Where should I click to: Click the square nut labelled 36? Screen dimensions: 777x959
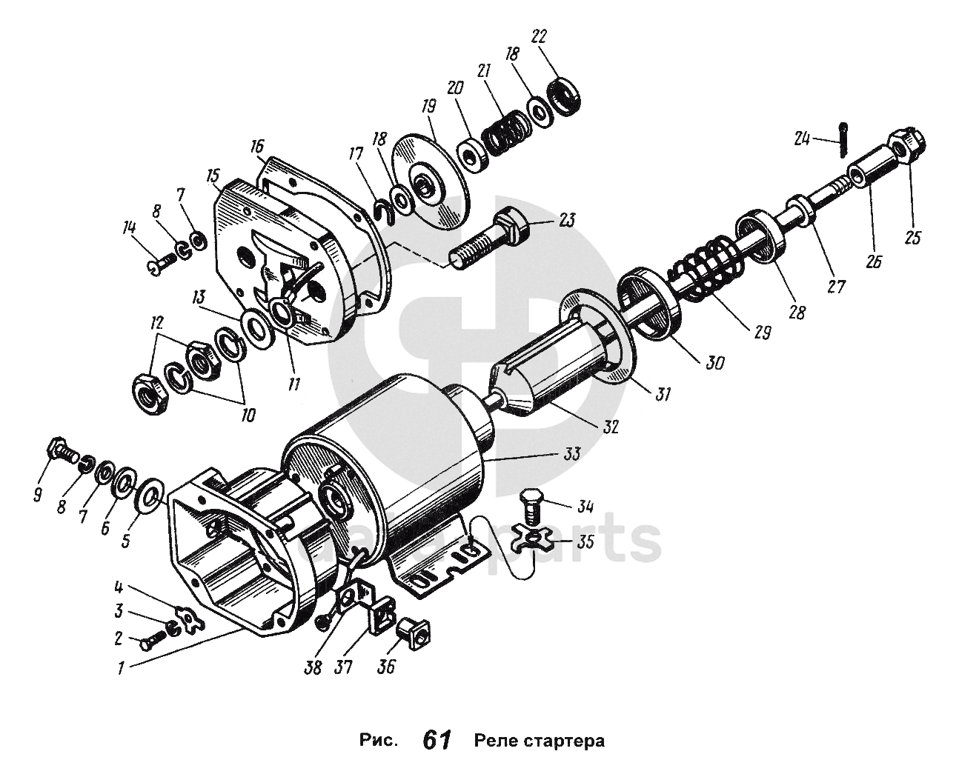413,632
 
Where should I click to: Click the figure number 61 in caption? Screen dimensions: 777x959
437,739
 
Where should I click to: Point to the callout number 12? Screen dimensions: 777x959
156,324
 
